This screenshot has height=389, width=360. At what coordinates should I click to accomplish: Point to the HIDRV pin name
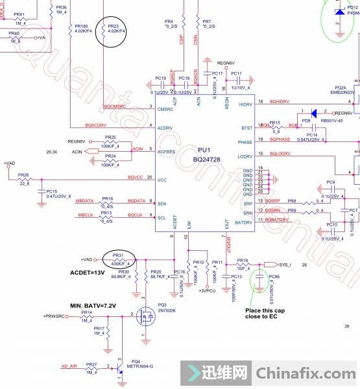(x=245, y=104)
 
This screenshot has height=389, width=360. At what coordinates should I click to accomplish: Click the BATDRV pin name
(x=243, y=222)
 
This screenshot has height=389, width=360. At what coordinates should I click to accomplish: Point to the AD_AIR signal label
(x=70, y=366)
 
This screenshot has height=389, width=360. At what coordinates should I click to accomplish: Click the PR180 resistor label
(x=81, y=27)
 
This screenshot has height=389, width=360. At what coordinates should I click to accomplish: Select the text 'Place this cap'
(x=264, y=310)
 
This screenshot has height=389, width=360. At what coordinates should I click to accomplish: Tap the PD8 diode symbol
(x=313, y=113)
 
